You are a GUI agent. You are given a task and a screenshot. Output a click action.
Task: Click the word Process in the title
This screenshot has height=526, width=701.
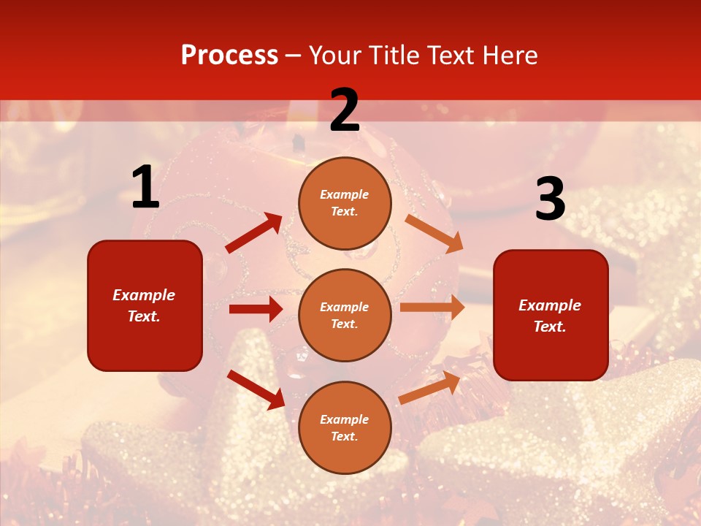point(229,56)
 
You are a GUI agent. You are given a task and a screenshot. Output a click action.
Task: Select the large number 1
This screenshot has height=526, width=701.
point(145,188)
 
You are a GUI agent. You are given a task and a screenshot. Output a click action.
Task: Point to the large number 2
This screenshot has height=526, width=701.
point(345,110)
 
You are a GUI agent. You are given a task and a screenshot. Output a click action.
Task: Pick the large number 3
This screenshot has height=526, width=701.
point(550,199)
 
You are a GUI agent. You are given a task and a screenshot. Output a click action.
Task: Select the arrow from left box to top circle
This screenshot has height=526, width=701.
point(253,233)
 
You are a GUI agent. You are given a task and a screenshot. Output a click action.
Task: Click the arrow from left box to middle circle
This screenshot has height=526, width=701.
point(256,309)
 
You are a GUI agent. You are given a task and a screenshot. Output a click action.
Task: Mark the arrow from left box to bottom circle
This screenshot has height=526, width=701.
point(256,389)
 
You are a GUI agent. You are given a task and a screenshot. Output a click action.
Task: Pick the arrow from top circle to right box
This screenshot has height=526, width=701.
point(434,233)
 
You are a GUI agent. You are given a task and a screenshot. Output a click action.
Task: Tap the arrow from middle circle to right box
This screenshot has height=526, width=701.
point(432,308)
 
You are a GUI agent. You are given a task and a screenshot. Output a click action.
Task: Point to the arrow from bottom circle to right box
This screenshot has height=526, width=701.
point(430,387)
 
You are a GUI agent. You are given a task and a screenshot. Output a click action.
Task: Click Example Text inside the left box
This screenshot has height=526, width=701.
point(144,305)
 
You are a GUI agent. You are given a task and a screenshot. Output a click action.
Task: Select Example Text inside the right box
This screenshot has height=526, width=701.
point(550,316)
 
